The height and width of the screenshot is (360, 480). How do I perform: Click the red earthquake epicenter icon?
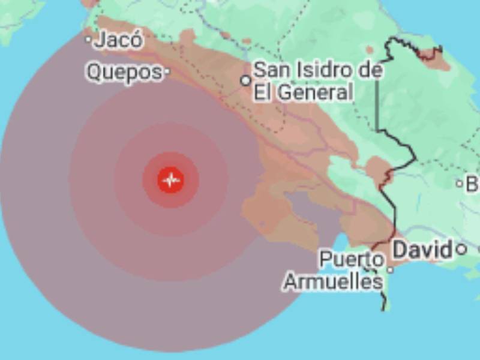click(171, 179)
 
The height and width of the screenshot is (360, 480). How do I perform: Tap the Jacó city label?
click(119, 40)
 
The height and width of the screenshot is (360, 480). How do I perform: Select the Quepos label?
click(124, 72)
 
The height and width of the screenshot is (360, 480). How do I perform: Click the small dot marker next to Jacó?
click(88, 40)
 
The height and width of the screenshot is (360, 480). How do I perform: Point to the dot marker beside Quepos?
click(167, 72)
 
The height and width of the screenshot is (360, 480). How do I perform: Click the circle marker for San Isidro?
click(245, 80)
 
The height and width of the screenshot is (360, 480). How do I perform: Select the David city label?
click(422, 250)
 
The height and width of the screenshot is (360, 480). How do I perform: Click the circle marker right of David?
click(461, 248)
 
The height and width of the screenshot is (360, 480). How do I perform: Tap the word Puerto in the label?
click(351, 260)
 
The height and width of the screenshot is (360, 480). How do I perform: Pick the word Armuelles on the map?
click(332, 281)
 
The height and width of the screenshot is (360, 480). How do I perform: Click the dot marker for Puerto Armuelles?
click(390, 270)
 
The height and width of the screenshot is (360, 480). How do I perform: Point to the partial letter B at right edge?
click(473, 184)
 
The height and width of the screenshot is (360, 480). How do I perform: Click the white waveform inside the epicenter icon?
click(171, 179)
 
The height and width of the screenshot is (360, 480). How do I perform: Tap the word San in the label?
click(271, 70)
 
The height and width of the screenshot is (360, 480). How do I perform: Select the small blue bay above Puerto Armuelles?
click(340, 244)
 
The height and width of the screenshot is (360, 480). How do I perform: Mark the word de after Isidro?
click(371, 70)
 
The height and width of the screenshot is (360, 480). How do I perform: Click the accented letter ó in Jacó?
click(137, 40)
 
